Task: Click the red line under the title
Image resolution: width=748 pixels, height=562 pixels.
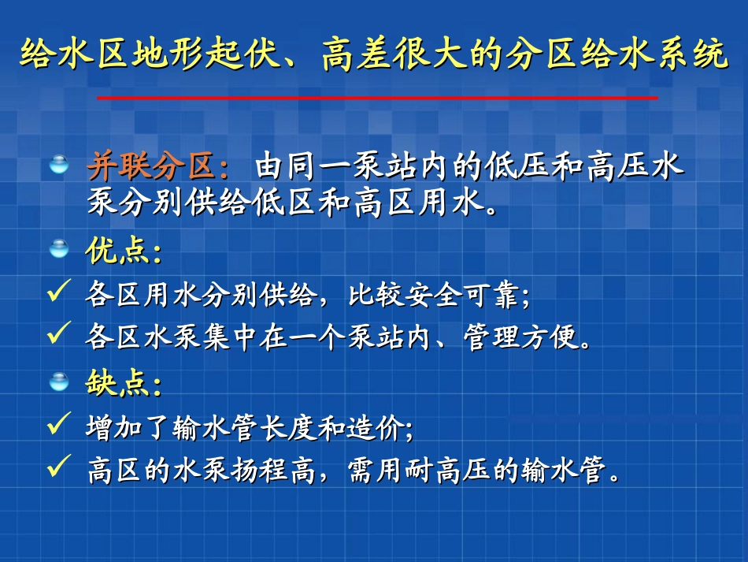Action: (x=377, y=98)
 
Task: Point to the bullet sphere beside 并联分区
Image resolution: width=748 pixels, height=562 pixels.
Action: (x=59, y=165)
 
